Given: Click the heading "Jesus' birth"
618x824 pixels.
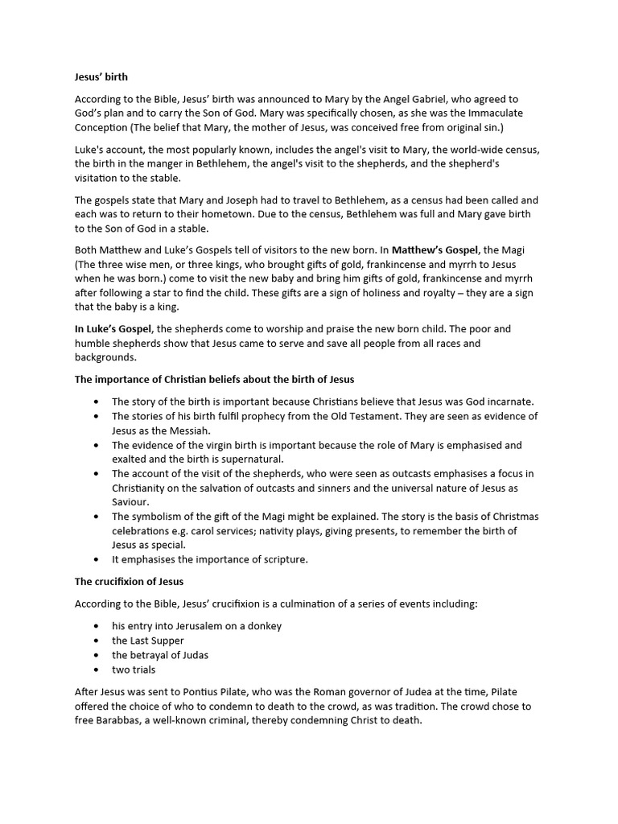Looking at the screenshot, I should pos(101,77).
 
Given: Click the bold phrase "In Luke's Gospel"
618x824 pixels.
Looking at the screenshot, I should pos(113,329).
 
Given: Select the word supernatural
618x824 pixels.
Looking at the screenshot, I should pos(260,459).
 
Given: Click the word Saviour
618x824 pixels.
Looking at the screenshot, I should pos(131,502).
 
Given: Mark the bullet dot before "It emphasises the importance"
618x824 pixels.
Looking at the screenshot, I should pos(97,559).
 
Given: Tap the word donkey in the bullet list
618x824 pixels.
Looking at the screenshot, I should pos(265,625).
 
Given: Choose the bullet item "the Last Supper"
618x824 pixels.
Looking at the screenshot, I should pos(148,641).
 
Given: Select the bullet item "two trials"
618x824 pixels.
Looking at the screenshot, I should pos(134,669).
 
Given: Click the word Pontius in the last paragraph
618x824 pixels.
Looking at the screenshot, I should pos(207,692).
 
